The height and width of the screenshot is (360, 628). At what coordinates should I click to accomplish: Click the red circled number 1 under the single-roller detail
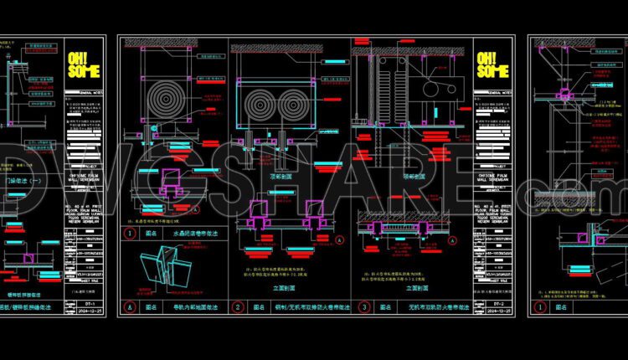tap(130, 234)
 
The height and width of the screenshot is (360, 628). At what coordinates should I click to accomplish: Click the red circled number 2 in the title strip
tap(238, 307)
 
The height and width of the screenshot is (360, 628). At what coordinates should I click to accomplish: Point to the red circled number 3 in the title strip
tap(365, 307)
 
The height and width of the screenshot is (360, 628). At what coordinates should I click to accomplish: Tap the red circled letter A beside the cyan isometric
tap(130, 307)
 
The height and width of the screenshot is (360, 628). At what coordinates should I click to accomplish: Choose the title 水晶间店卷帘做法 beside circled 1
tap(194, 234)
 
